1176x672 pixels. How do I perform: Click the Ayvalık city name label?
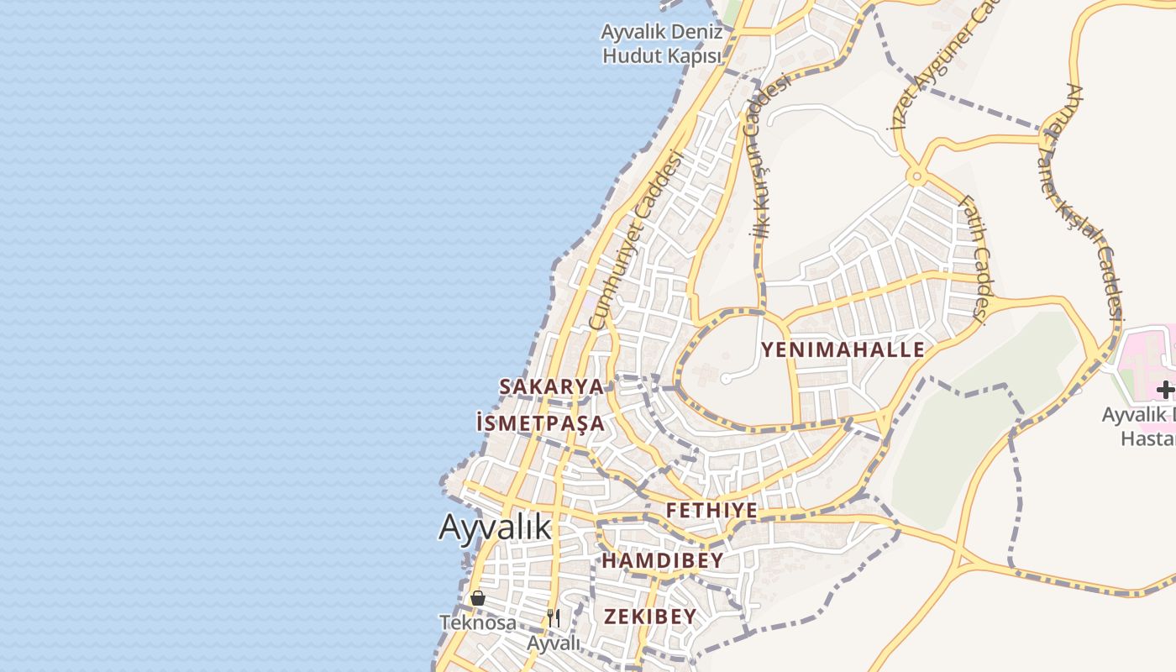(x=495, y=528)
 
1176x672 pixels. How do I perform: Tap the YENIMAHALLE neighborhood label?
(x=843, y=349)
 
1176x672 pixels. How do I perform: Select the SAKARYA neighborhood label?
(x=551, y=387)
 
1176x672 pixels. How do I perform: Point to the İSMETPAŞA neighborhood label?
(x=540, y=423)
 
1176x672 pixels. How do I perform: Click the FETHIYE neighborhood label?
(x=711, y=511)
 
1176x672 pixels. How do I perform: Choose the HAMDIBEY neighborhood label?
(x=663, y=560)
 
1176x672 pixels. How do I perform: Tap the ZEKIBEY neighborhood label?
(x=650, y=617)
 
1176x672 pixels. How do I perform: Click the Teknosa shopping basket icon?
(x=478, y=598)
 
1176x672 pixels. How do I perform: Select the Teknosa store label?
(x=478, y=622)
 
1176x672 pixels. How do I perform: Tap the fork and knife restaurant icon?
(x=553, y=618)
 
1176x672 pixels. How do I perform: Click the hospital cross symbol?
(x=1164, y=390)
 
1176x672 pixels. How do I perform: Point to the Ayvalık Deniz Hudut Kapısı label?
(x=662, y=44)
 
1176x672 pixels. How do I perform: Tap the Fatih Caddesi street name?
(x=976, y=256)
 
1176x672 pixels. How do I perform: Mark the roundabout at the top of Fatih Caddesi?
(x=915, y=177)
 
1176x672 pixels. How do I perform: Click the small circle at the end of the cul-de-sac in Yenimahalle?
(x=726, y=379)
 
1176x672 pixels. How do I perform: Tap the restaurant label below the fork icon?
(x=554, y=643)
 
